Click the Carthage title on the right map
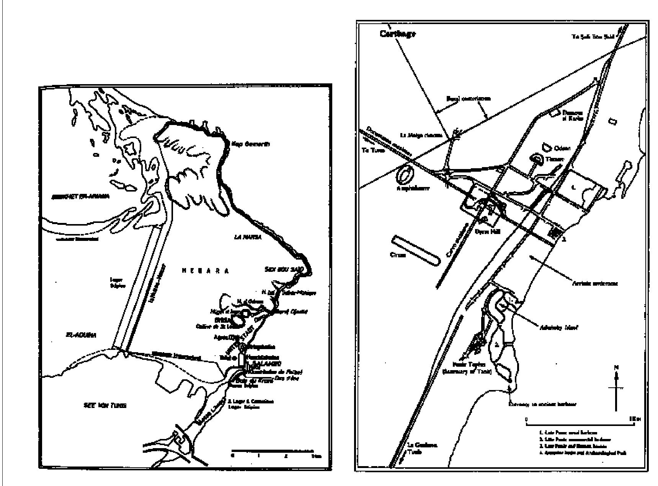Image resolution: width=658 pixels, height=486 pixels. pos(397,34)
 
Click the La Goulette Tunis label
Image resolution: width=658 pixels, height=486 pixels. pos(421,448)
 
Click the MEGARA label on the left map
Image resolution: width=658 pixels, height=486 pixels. pos(205,271)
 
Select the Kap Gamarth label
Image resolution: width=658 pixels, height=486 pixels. pos(251,144)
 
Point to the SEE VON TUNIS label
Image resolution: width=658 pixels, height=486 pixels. pos(104,405)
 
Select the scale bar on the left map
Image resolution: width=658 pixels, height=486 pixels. pos(273,451)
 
